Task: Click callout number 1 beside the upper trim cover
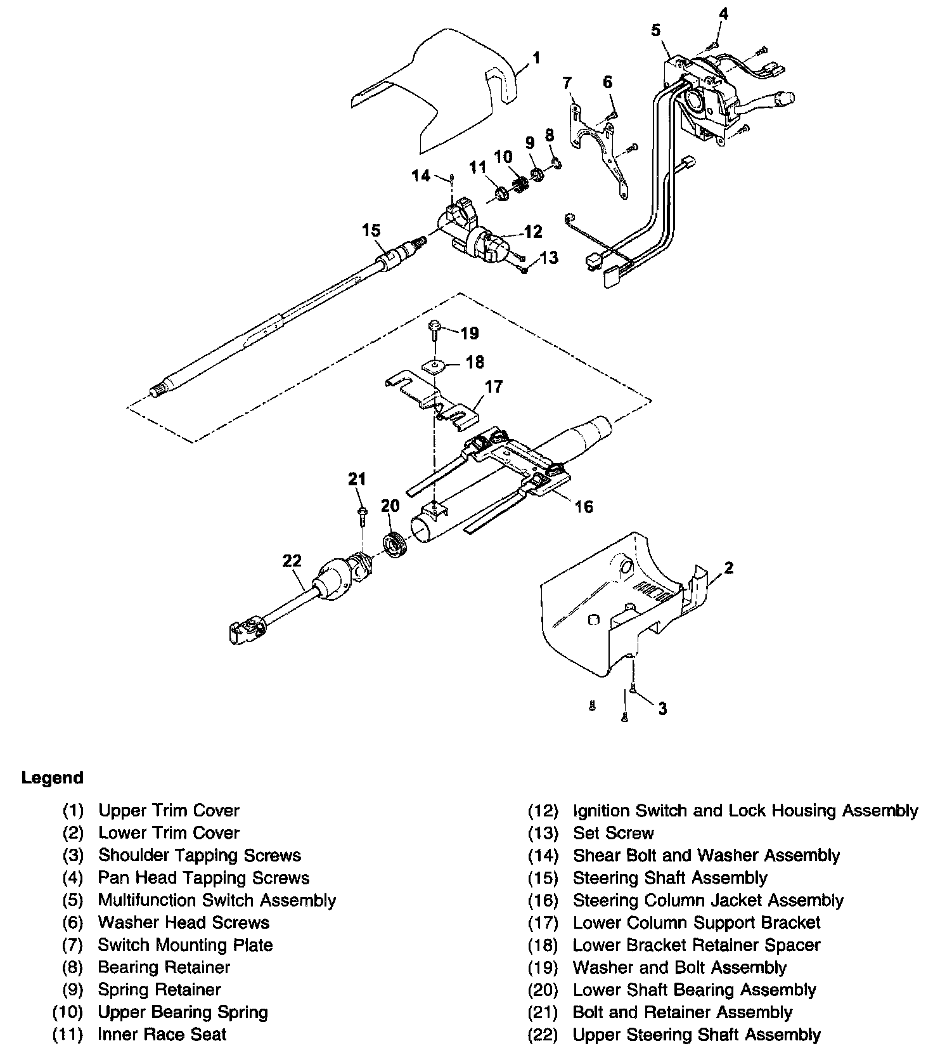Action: pos(536,58)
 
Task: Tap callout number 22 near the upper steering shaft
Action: pos(292,561)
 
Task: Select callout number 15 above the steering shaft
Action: pos(371,230)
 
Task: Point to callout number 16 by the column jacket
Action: pos(583,506)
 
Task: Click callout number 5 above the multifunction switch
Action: pos(655,30)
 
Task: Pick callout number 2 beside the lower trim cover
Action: pos(729,568)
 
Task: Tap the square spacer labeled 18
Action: pos(434,365)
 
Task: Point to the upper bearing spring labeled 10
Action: pos(520,185)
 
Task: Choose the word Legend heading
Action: pos(52,778)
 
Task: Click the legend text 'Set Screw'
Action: pos(613,833)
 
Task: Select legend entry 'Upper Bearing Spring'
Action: pos(183,1012)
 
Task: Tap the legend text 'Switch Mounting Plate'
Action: pos(185,945)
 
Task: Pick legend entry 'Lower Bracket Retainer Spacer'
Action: pos(696,945)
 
